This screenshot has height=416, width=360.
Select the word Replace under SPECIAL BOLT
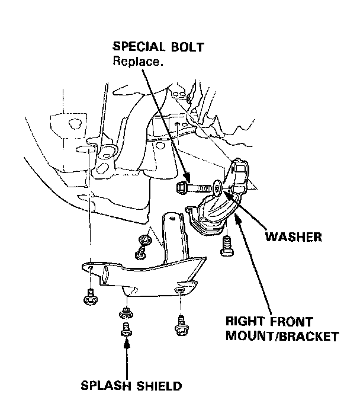point(135,61)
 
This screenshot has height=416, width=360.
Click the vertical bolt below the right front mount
point(226,244)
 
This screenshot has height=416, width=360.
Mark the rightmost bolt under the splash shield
point(181,323)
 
